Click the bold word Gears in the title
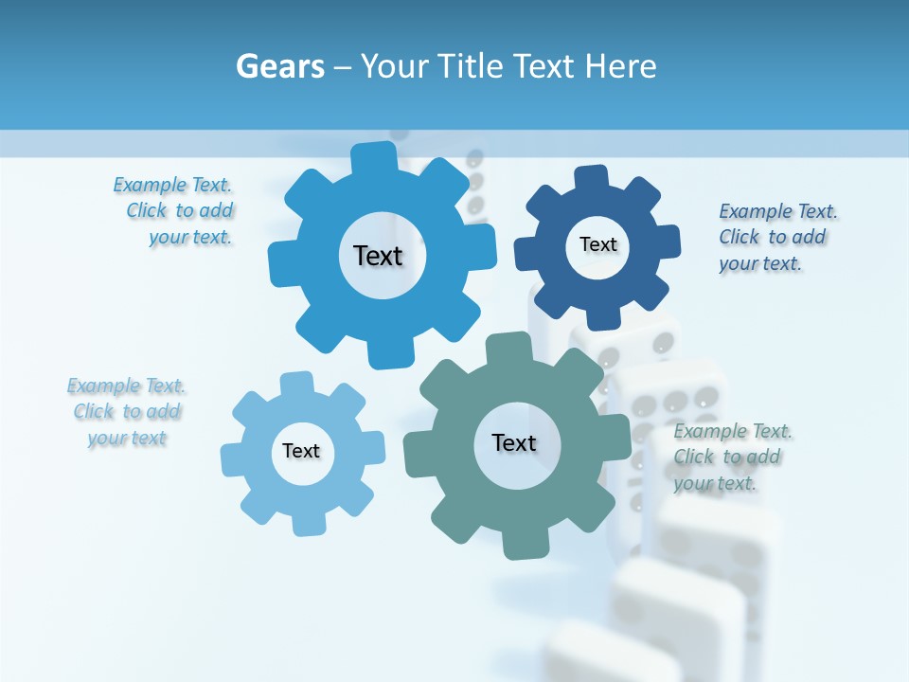[x=279, y=66]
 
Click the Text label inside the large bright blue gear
[x=378, y=256]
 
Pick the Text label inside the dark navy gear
[x=597, y=244]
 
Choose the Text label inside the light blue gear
[x=301, y=451]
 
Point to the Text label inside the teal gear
[x=514, y=442]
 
